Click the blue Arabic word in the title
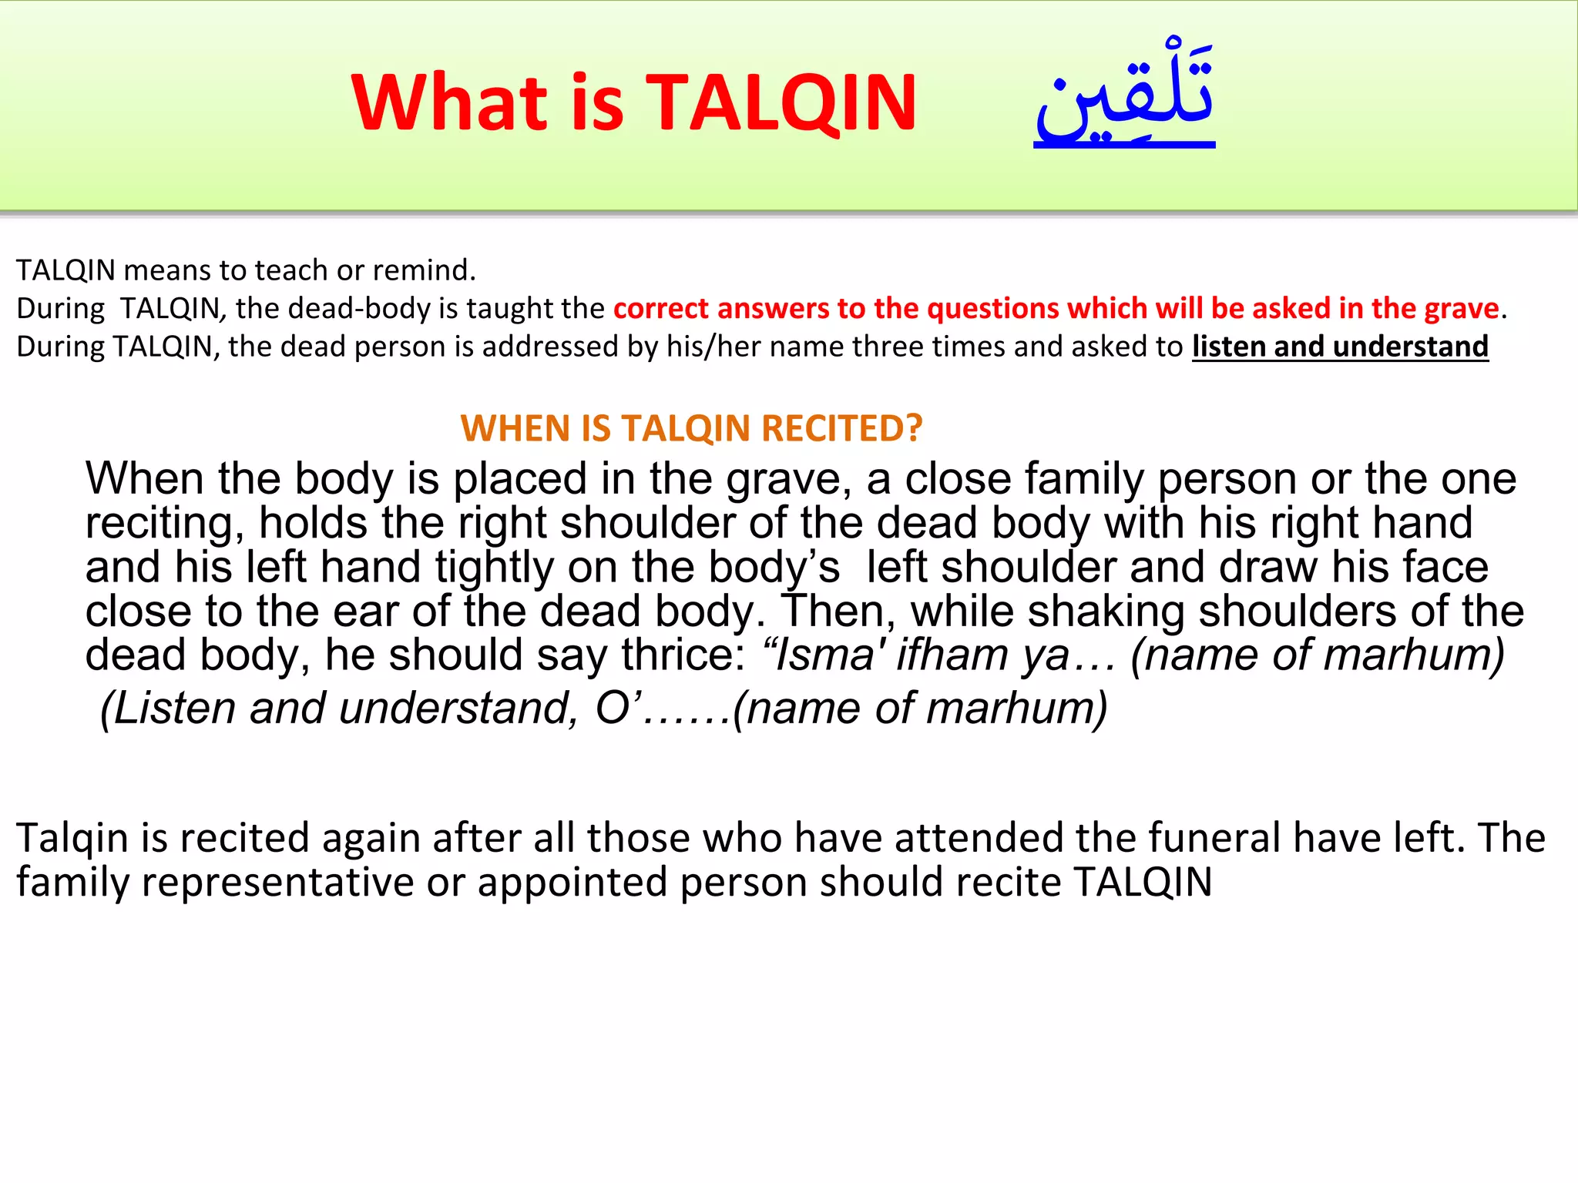(x=1124, y=96)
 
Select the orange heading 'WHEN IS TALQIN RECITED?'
(x=691, y=428)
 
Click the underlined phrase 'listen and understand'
(x=1340, y=347)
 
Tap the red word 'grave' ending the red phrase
(x=1462, y=308)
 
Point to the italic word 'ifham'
(x=952, y=655)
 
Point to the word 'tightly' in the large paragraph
(x=494, y=568)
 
